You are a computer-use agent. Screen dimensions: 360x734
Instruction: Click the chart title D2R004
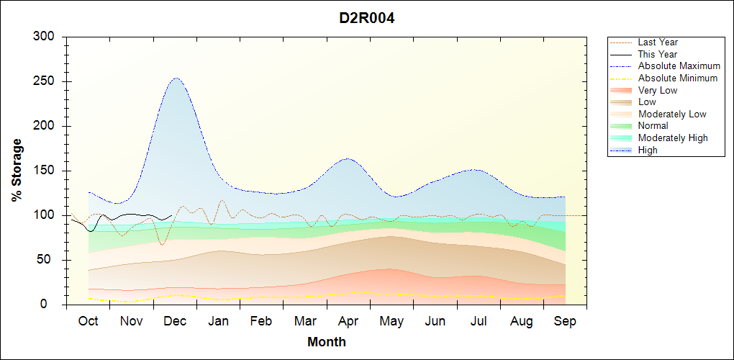coord(367,18)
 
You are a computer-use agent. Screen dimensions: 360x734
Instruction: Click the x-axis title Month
coord(326,342)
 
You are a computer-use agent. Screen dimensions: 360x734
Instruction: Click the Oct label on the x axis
coord(89,321)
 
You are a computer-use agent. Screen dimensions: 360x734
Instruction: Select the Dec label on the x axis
coord(175,321)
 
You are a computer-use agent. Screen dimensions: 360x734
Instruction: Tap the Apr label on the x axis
coord(348,321)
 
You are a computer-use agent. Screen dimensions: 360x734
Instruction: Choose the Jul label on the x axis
coord(479,321)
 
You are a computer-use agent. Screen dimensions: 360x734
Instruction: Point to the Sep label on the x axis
coord(565,321)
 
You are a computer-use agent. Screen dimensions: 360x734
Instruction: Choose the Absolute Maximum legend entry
coord(679,66)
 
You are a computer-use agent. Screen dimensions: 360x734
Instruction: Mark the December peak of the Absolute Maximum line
coord(176,78)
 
